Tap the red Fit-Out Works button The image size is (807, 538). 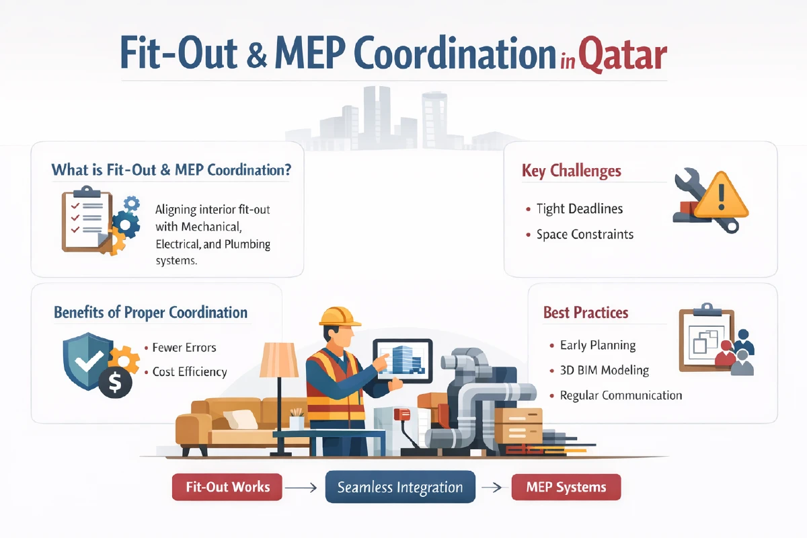click(227, 488)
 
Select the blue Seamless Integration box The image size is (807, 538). click(400, 488)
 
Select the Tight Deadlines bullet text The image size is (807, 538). click(580, 208)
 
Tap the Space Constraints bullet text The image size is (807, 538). click(584, 235)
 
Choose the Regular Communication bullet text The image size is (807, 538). click(621, 395)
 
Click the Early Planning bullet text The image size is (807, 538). click(597, 345)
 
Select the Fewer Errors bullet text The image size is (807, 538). click(184, 348)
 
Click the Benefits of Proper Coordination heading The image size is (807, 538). click(151, 313)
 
